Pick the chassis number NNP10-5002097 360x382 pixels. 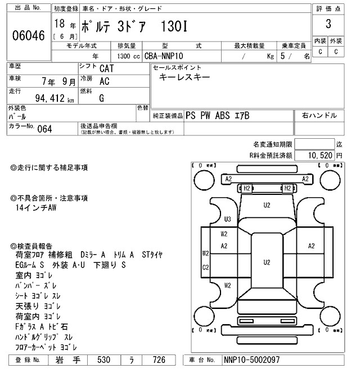coord(251,360)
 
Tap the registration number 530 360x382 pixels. coord(103,360)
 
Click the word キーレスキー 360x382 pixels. coord(186,78)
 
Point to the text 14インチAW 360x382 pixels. coord(37,208)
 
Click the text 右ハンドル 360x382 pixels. coord(319,115)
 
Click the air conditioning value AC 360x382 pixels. coord(104,80)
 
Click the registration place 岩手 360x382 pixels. coord(66,360)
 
